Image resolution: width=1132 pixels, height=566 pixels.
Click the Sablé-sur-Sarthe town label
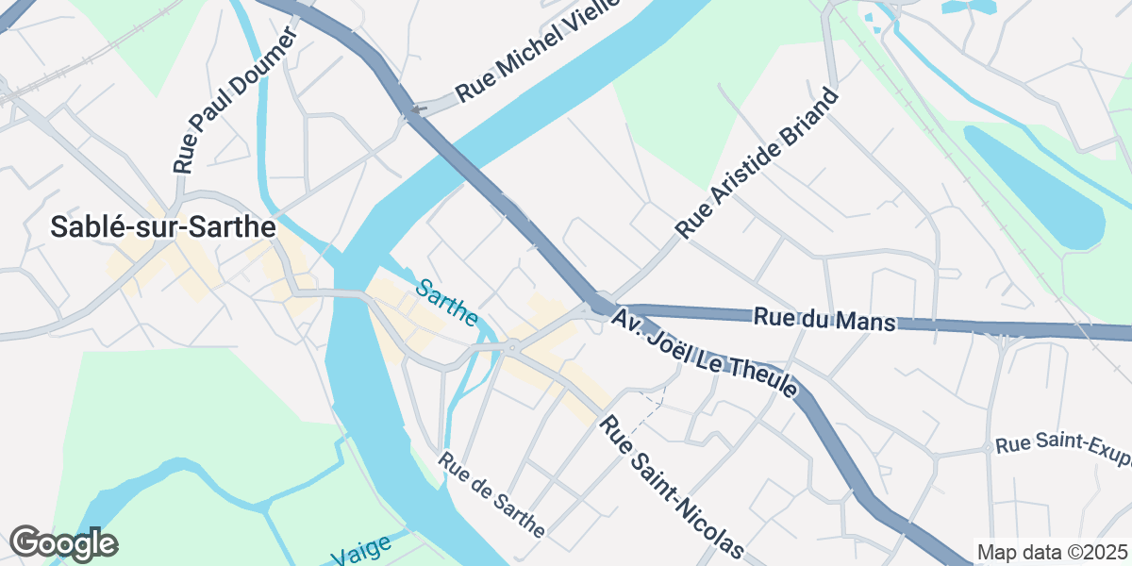click(162, 227)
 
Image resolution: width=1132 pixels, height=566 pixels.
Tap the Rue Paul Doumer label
click(235, 100)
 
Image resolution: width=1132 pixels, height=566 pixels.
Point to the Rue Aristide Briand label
click(757, 163)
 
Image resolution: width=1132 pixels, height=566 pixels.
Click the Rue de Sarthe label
click(491, 495)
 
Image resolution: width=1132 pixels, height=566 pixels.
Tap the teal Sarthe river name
click(446, 302)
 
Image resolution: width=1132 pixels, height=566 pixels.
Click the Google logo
click(63, 544)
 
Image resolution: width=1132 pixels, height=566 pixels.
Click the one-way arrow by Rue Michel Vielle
click(418, 109)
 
